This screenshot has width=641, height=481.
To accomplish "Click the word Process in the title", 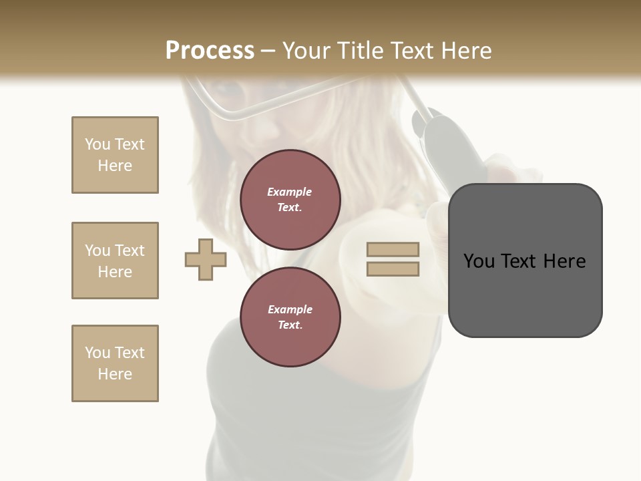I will [210, 51].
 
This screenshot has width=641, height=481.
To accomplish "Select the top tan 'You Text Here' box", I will [115, 155].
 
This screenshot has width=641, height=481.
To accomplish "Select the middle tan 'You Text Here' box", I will [115, 261].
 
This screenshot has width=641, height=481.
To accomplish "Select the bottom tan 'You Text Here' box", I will [115, 363].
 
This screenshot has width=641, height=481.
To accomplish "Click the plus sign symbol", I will [206, 259].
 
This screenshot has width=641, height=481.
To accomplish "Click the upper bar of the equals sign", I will [393, 250].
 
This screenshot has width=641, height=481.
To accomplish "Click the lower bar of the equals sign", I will [393, 269].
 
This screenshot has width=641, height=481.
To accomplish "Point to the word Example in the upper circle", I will [290, 192].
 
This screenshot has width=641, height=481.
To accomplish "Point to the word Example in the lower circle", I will [290, 309].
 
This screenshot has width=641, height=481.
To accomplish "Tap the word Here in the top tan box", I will [115, 166].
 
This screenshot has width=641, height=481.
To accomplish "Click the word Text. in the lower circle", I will [290, 325].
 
